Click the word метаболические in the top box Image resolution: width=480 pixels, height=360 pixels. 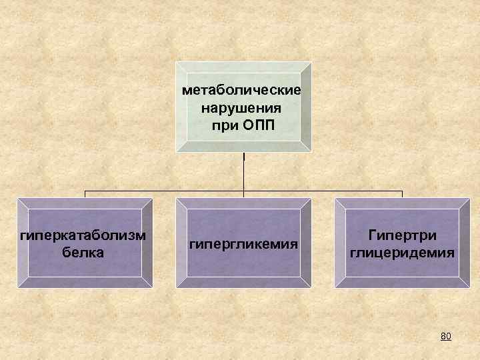[x=241, y=89]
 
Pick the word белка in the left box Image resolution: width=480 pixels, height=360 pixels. [x=83, y=253]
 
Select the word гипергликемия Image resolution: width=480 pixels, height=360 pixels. [x=244, y=245]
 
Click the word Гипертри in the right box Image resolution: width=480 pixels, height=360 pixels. [x=403, y=236]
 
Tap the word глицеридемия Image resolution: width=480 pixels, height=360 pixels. [x=403, y=253]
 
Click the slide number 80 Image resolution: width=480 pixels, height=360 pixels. [x=446, y=336]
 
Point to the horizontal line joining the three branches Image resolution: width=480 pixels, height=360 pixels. [x=167, y=191]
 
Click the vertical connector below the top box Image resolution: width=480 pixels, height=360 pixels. [x=244, y=173]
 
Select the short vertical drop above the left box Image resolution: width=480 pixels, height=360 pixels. [x=85, y=194]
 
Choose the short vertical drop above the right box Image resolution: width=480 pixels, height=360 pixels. [x=402, y=194]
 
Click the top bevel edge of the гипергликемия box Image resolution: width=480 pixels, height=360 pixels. [x=244, y=203]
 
